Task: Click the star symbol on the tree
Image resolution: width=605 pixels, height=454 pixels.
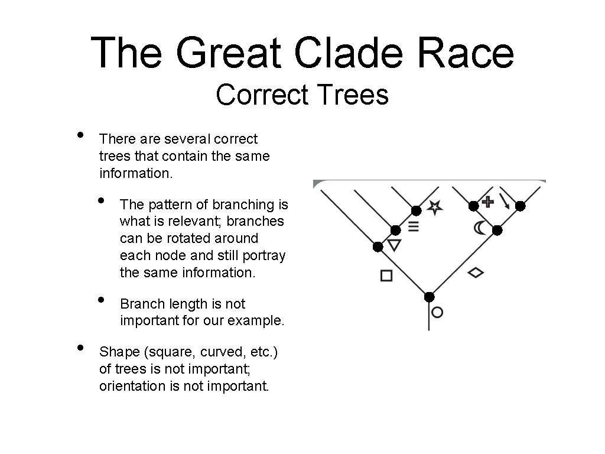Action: coord(435,206)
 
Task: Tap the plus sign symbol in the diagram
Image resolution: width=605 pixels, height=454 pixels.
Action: coord(487,202)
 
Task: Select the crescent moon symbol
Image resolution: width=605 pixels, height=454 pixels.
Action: coord(480,228)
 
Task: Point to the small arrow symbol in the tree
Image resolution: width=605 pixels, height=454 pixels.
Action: coord(505,201)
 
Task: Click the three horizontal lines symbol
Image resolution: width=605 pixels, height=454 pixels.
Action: coord(414,226)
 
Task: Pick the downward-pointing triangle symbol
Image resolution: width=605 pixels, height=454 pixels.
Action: coord(394,245)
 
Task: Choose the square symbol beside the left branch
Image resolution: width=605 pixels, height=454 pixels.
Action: coord(386,275)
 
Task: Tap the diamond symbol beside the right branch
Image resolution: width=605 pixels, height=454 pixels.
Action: coord(476,273)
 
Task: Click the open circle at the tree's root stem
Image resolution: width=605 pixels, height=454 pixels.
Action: coord(437,312)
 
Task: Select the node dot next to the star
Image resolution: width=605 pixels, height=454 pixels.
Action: coord(417,210)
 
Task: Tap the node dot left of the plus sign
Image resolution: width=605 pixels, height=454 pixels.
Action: coord(473,206)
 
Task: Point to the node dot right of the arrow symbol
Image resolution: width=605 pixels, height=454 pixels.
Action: coord(521,206)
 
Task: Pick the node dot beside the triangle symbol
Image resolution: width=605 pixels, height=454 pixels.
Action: coord(378,247)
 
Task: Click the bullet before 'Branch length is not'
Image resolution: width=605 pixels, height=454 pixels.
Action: coord(102,300)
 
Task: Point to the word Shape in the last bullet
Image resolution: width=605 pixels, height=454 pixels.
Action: coord(119,352)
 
